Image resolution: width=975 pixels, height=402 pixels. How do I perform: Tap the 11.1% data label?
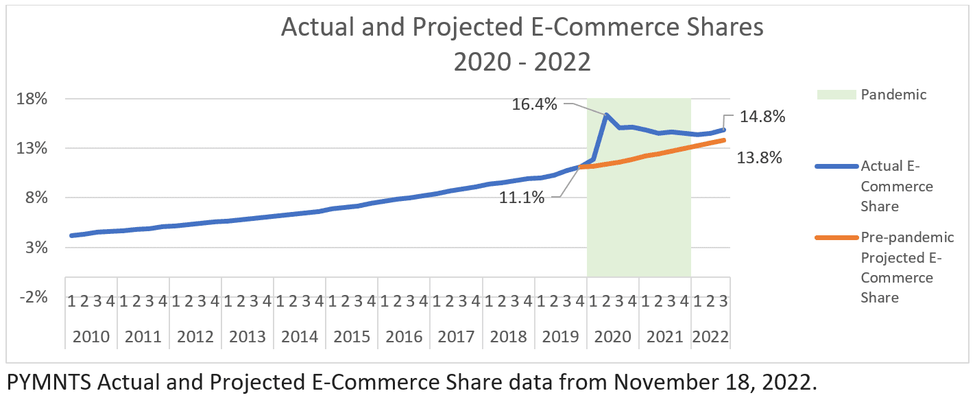(x=522, y=198)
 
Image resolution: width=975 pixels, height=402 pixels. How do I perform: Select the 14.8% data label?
(x=762, y=117)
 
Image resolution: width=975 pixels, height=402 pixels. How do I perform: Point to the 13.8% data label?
(x=759, y=158)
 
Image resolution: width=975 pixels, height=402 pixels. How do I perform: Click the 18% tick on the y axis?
(x=32, y=99)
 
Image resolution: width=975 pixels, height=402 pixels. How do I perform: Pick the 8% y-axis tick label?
(x=36, y=198)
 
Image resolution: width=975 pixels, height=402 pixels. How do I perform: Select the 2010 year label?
(x=91, y=337)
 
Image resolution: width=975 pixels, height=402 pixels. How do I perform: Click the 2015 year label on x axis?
(x=352, y=337)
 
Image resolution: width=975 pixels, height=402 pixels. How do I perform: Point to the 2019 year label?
(x=560, y=337)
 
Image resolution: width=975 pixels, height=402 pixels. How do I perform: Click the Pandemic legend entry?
(x=893, y=95)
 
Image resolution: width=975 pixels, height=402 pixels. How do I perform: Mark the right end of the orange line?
(x=725, y=140)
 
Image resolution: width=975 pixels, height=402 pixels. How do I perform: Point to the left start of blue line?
(x=72, y=235)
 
